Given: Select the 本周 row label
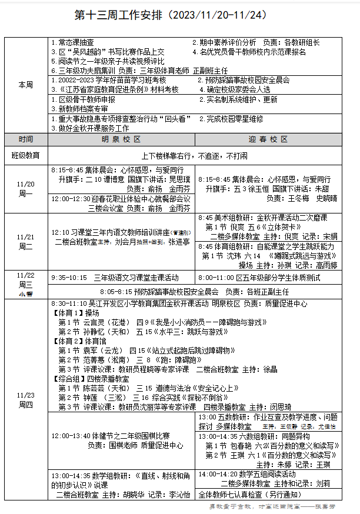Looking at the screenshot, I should [25, 85].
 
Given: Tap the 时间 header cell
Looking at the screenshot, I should [25, 139].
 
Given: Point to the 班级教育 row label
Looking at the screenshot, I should [25, 155].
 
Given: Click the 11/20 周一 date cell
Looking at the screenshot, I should [25, 188].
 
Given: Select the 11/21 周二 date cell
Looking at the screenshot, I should [25, 241].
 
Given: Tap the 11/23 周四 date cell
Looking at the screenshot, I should [25, 400].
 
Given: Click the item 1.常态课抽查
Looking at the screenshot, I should [72, 42].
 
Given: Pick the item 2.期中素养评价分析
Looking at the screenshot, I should [225, 42].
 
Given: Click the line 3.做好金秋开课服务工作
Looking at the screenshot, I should [90, 128].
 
